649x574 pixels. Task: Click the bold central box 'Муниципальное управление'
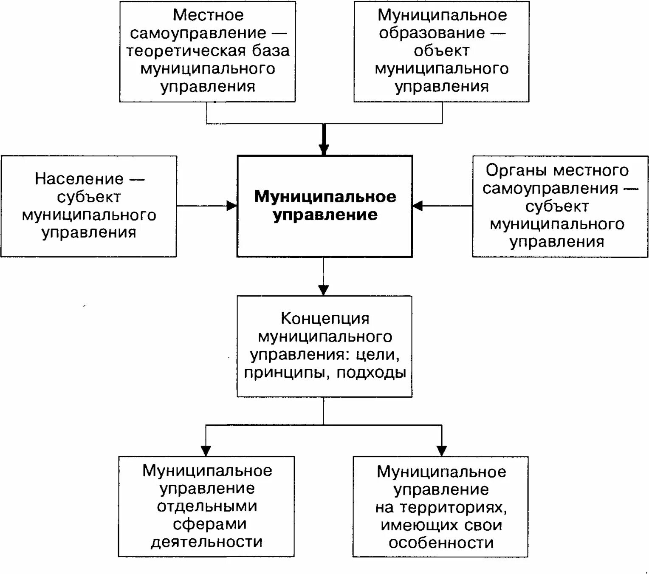coord(324,206)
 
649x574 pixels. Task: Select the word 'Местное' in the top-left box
coord(208,15)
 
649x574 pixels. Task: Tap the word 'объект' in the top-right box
coord(442,51)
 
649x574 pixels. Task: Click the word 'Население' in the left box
coord(79,179)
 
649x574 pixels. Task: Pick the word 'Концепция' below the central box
coord(325,318)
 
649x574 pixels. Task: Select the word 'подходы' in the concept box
coord(371,373)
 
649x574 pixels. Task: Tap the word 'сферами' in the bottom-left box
coord(209,524)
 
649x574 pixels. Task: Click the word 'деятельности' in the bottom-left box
coord(207,542)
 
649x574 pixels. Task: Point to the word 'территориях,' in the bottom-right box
coord(441,508)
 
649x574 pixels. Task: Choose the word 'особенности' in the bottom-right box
coord(441,543)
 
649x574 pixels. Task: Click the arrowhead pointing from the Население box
coord(232,206)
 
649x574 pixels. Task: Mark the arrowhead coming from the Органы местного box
coord(418,206)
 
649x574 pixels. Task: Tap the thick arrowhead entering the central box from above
coord(324,149)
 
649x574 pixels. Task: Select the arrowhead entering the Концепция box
coord(324,290)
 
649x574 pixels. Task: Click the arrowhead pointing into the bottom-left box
coord(206,450)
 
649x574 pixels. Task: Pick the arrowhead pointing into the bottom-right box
coord(442,450)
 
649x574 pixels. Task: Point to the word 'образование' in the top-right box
coord(432,33)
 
